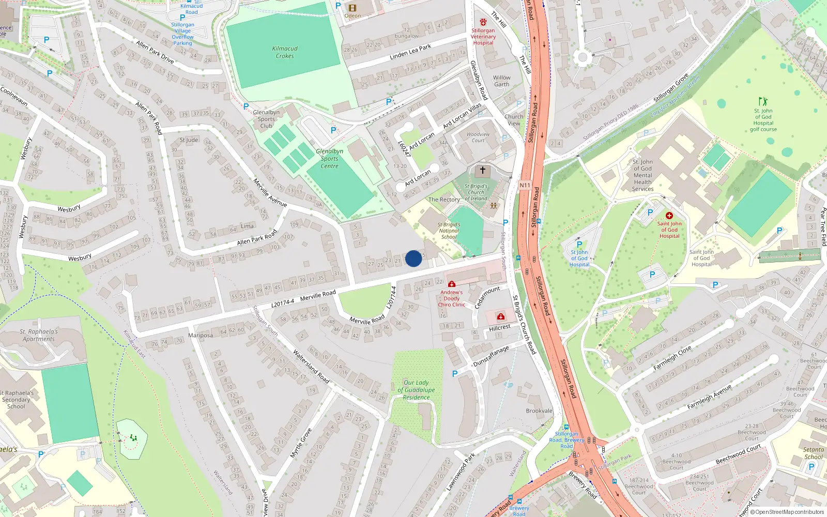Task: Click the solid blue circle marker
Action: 413,258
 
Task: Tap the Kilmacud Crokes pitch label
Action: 285,52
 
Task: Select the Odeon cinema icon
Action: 353,8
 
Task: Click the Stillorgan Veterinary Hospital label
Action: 483,36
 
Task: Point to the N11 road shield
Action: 525,185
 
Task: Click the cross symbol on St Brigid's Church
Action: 483,170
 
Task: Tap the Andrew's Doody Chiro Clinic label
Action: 452,298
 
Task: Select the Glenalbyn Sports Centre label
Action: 330,159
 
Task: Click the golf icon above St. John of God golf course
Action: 763,101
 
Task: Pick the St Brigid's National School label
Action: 449,231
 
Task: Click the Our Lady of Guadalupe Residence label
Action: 417,390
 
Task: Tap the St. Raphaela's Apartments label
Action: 39,336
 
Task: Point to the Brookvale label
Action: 539,411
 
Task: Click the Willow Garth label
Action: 501,81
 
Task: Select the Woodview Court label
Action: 478,137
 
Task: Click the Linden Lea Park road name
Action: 410,52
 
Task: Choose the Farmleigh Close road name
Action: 672,358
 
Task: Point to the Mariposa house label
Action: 201,336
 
